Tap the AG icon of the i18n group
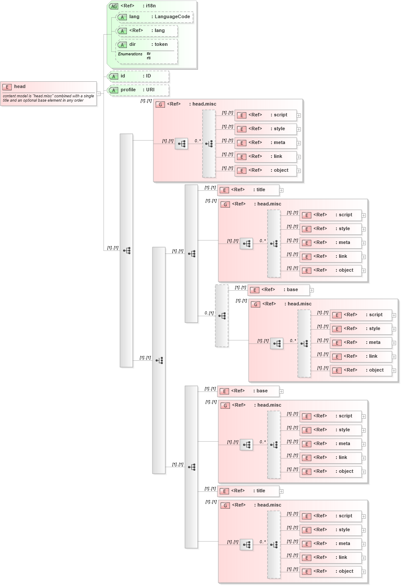[114, 6]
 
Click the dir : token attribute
[147, 45]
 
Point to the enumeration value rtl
[149, 58]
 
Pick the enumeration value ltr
[149, 54]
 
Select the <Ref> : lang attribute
[147, 31]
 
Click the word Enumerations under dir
[130, 54]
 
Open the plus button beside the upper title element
[281, 190]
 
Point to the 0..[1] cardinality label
[209, 313]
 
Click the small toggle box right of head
[99, 94]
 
